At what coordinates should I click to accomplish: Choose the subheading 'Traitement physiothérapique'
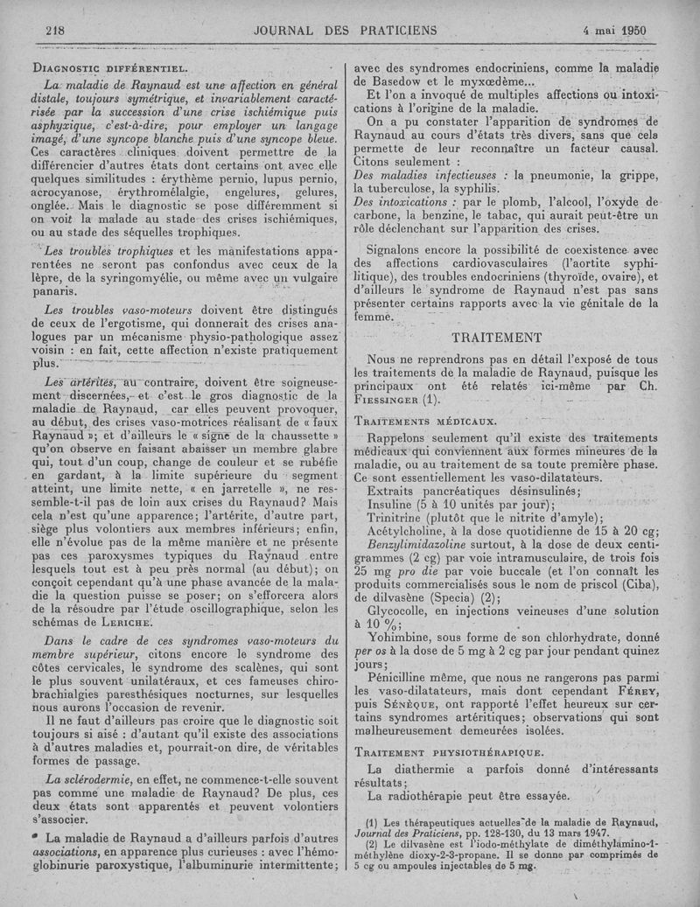pyautogui.click(x=448, y=751)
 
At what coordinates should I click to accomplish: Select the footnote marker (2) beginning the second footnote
pyautogui.click(x=372, y=844)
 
